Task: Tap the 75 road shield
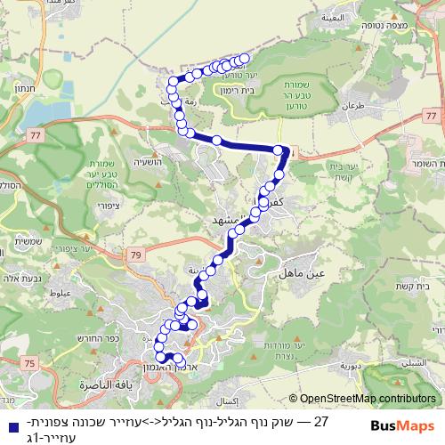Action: click(30, 362)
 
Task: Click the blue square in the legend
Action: click(9, 425)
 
